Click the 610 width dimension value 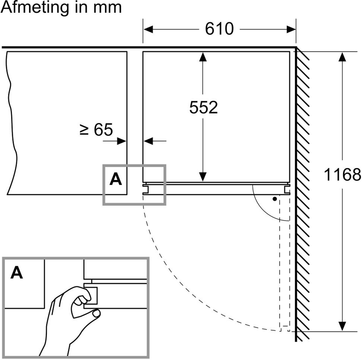(219, 29)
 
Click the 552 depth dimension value (203, 107)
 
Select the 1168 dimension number (343, 175)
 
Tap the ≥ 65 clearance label (97, 129)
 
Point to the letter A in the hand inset (16, 273)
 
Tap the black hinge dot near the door (275, 198)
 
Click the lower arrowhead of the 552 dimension (203, 176)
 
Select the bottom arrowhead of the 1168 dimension (342, 326)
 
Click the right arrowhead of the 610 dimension (291, 29)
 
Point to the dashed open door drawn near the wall (284, 261)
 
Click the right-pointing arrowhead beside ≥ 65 (122, 141)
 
